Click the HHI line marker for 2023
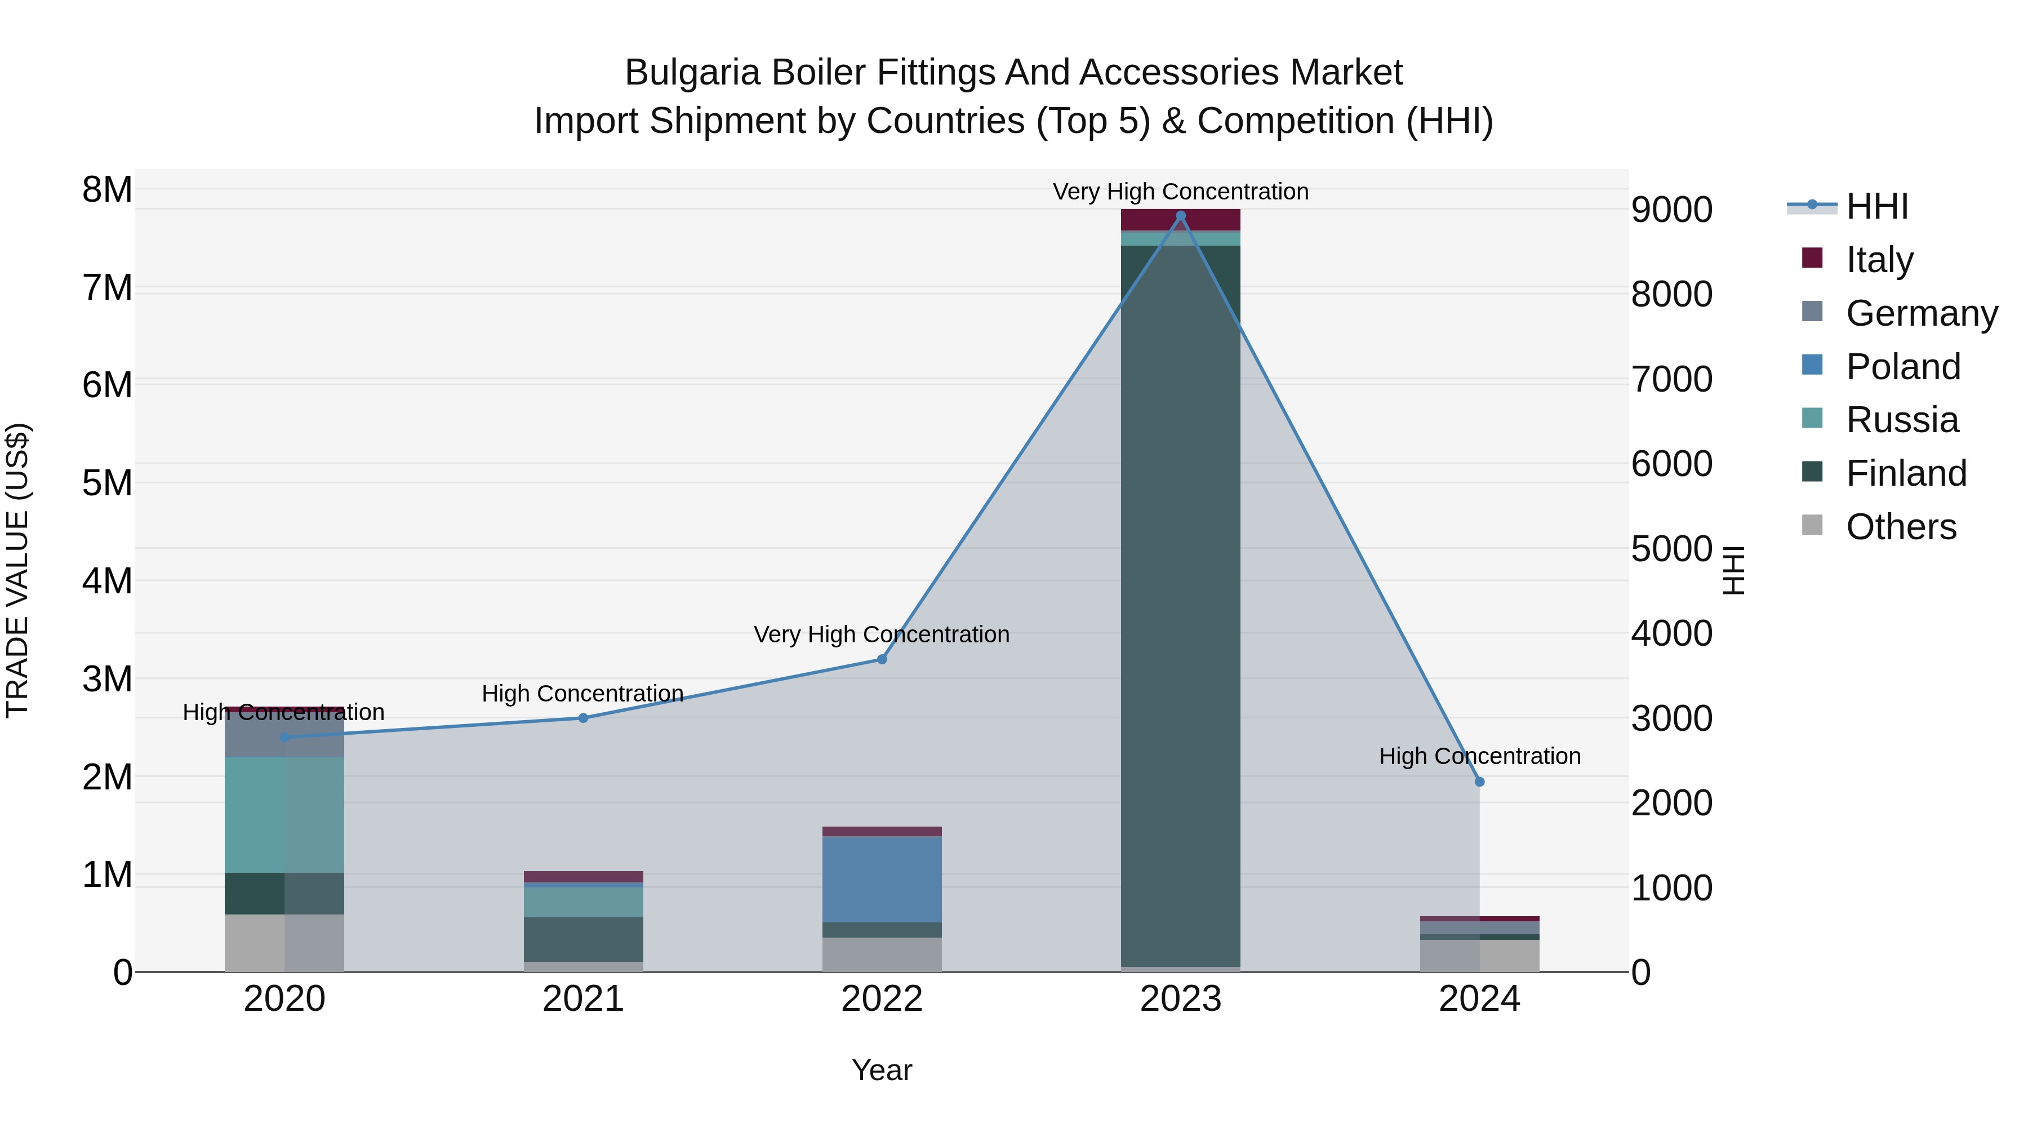[1180, 216]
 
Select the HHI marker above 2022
[882, 659]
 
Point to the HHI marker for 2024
[1479, 782]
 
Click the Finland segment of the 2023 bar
[1180, 606]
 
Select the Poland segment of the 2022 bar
[882, 879]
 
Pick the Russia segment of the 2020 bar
[284, 815]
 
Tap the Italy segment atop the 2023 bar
[1180, 220]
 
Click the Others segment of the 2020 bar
[284, 943]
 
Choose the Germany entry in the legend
[1922, 313]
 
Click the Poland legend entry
[1903, 367]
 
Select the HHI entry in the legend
[1877, 206]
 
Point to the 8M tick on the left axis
[107, 190]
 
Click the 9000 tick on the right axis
[1671, 210]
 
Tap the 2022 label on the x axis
[882, 999]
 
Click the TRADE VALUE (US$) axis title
[17, 570]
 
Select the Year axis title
[882, 1070]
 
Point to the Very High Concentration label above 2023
[1180, 192]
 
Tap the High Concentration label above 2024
[1479, 756]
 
